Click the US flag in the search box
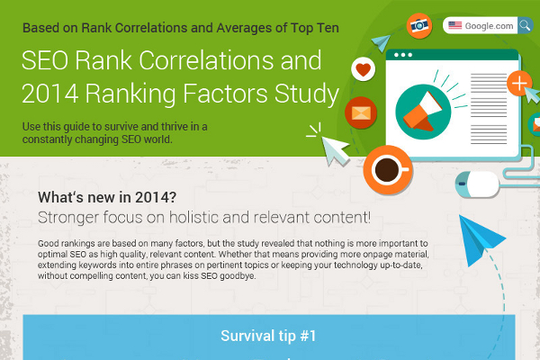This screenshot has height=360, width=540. pyautogui.click(x=456, y=25)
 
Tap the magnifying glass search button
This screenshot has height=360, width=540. pyautogui.click(x=525, y=25)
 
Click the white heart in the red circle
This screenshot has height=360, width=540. pyautogui.click(x=363, y=68)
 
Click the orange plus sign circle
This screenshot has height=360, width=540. pyautogui.click(x=520, y=85)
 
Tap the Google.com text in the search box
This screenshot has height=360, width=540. pyautogui.click(x=490, y=25)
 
